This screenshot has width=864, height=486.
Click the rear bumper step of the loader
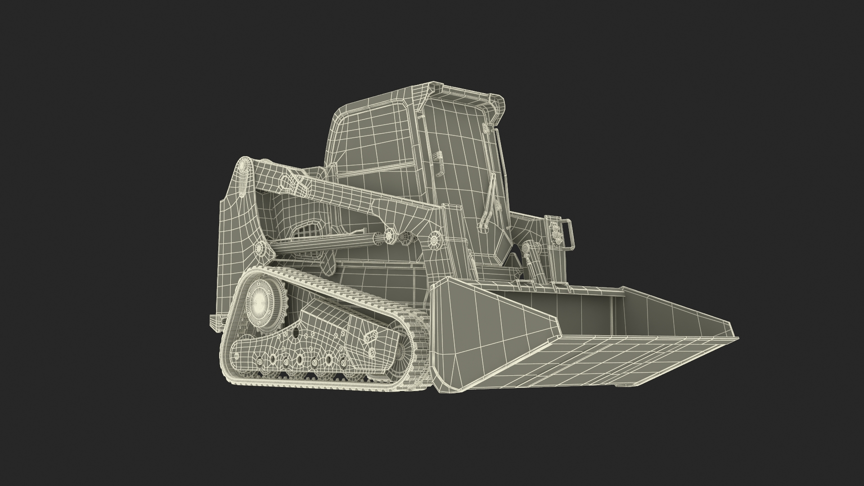point(215,320)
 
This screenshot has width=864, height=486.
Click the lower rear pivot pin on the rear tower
point(260,248)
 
